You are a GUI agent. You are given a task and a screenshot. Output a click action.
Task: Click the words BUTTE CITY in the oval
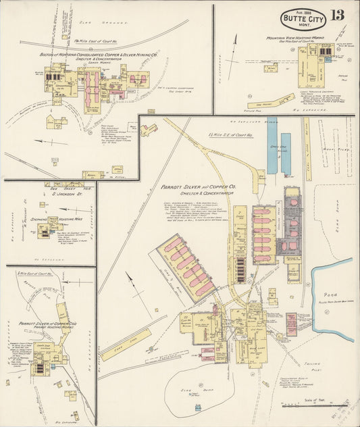coord(303,18)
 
